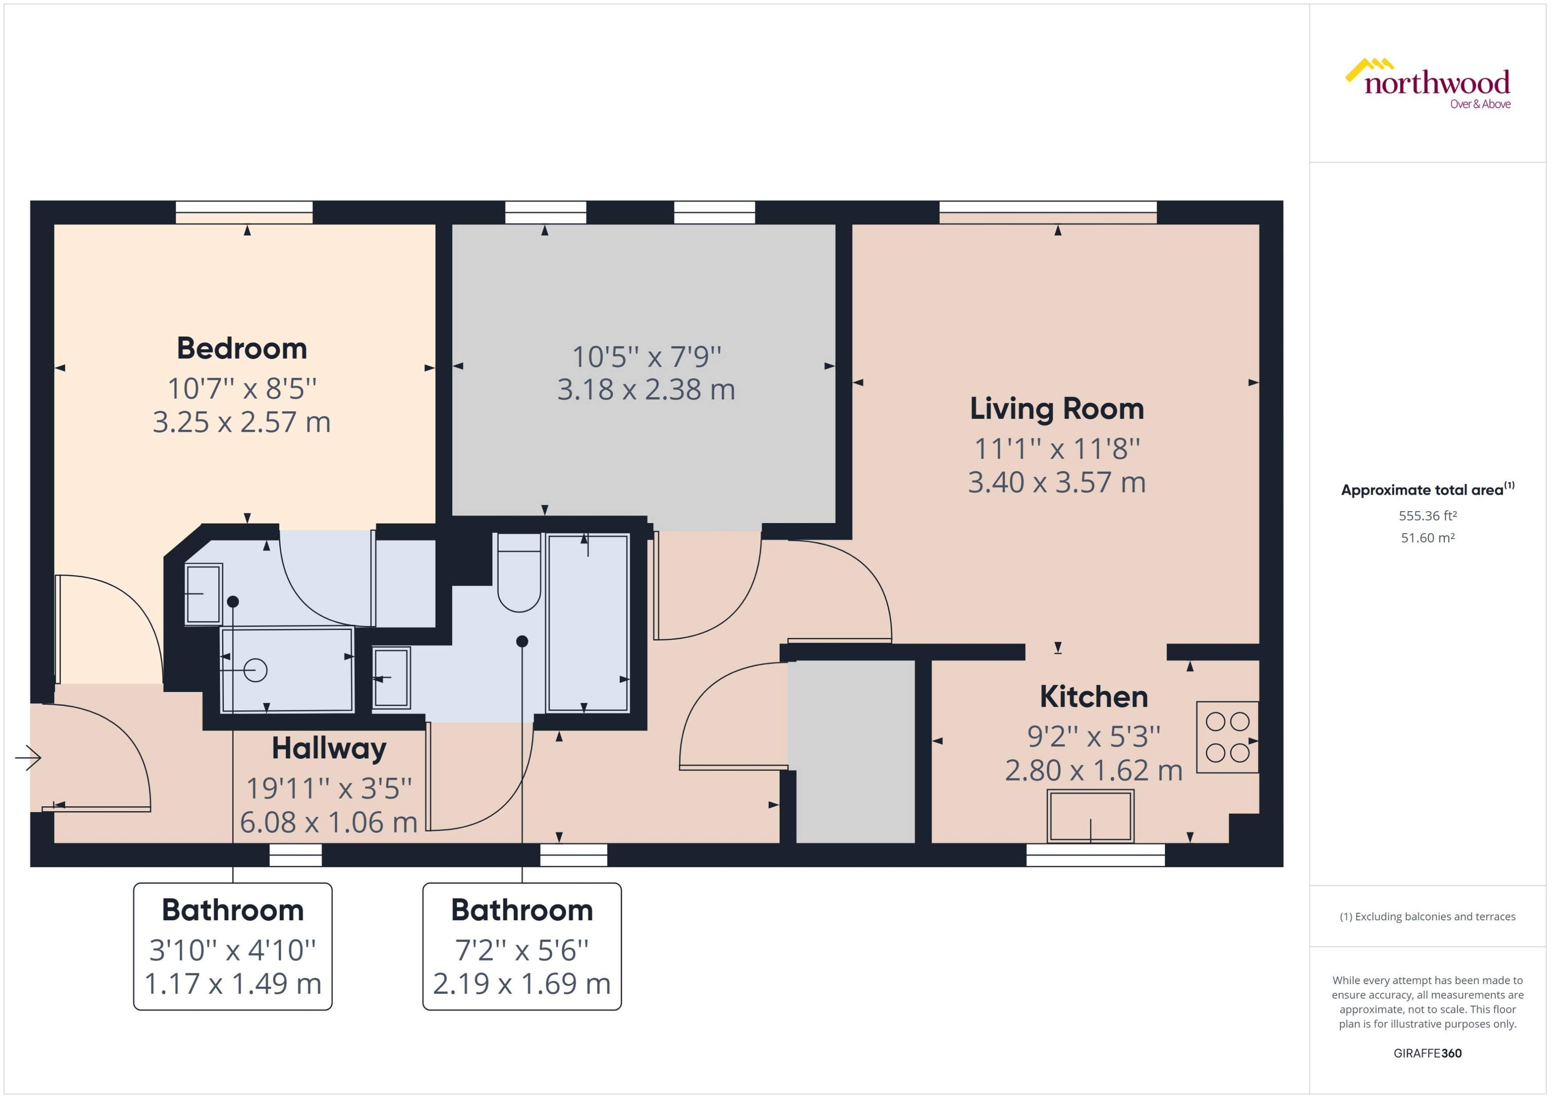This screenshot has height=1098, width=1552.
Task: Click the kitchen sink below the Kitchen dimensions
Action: click(x=1090, y=817)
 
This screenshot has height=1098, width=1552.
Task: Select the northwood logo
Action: click(x=1428, y=84)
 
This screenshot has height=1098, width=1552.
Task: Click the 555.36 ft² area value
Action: click(x=1427, y=516)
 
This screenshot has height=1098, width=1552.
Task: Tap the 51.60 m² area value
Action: click(x=1427, y=538)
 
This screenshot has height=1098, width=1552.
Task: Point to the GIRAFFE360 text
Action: click(x=1427, y=1053)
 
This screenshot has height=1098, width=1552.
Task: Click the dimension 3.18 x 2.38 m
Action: click(x=646, y=390)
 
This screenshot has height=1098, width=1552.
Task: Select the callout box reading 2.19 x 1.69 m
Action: click(x=521, y=946)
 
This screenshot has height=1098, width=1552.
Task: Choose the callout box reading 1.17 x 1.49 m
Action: click(x=233, y=946)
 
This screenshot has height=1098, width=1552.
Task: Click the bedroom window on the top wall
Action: click(x=244, y=212)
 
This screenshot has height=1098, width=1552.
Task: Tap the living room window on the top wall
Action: click(x=1047, y=212)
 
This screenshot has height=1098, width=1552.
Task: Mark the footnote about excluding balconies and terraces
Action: click(x=1427, y=917)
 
